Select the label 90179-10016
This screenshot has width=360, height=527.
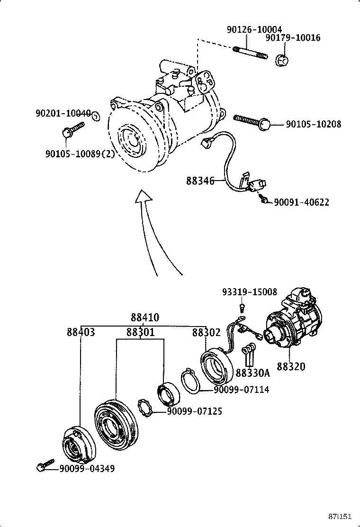click(292, 38)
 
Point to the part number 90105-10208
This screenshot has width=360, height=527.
click(313, 125)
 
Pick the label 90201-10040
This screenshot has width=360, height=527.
click(63, 114)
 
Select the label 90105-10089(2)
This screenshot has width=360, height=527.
click(80, 154)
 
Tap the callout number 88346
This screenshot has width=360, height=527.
click(200, 181)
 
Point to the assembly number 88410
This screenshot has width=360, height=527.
click(145, 318)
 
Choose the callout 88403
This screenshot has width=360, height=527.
click(81, 332)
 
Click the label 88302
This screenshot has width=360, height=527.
click(206, 332)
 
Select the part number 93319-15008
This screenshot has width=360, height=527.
click(250, 292)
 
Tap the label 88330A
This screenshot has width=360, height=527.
click(252, 373)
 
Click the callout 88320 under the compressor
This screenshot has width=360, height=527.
click(291, 366)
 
